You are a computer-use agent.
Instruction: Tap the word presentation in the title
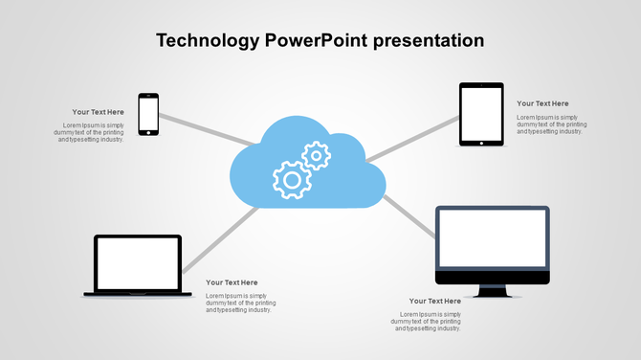coord(429,41)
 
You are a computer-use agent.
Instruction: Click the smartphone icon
coord(148,114)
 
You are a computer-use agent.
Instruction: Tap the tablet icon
coord(481,114)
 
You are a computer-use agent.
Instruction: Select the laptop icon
coord(138,264)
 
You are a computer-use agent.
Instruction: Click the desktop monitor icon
coord(493,244)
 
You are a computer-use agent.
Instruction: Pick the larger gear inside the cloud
coord(292,179)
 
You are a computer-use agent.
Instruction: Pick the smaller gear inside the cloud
coord(316,154)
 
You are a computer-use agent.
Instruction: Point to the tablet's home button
coord(481,143)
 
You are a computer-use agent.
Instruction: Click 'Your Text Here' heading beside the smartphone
coord(99,112)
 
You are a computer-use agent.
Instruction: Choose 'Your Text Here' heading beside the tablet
coord(542,103)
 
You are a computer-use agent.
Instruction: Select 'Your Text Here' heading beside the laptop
coord(232,282)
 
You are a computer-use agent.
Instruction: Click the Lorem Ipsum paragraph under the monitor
coord(427,322)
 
